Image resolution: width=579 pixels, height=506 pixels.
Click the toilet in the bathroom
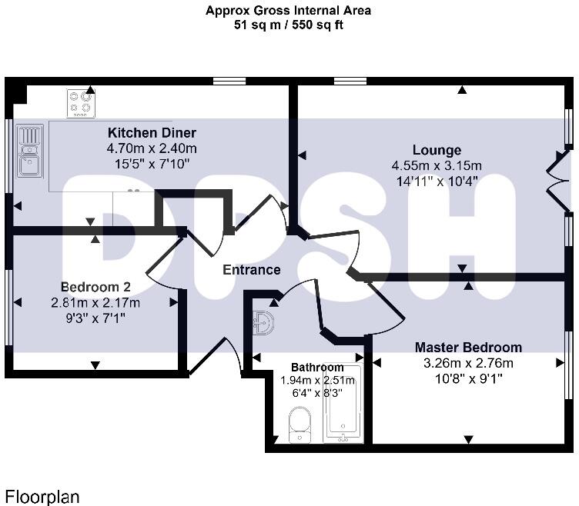[298, 424]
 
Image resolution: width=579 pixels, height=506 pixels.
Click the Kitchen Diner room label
[152, 132]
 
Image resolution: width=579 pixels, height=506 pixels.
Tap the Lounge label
[437, 150]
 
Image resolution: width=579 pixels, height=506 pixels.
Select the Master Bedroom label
[468, 348]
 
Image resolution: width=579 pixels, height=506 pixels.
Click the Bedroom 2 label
[95, 287]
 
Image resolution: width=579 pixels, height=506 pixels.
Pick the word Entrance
[251, 270]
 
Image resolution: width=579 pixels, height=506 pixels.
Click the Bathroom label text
[317, 367]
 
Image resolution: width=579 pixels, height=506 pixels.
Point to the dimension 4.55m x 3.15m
[437, 165]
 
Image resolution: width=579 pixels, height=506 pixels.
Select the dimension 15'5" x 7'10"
[152, 163]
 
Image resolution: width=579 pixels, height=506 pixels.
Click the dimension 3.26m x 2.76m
[468, 363]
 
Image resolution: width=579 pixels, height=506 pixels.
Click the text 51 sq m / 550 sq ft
[289, 25]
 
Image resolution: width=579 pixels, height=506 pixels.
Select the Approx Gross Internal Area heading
[289, 11]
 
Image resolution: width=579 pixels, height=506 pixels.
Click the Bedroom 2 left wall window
[9, 308]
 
